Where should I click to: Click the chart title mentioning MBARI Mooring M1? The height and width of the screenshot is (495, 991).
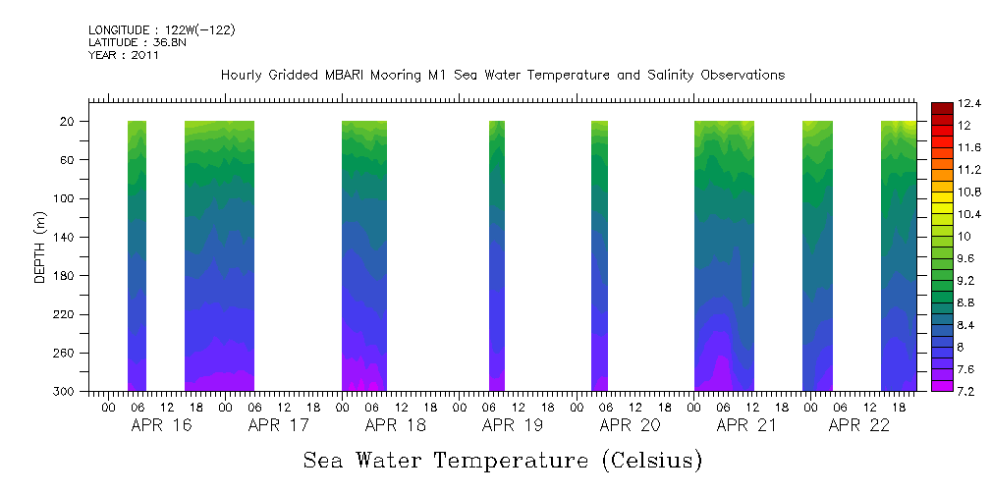point(503,76)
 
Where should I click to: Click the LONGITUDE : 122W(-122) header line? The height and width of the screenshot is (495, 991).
point(161,30)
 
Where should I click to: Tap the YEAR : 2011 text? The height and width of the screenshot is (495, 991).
point(123,56)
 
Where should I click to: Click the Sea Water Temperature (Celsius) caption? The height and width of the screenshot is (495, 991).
point(503,460)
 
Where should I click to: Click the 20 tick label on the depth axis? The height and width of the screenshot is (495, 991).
point(69,122)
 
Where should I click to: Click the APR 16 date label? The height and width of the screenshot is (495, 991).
point(161,425)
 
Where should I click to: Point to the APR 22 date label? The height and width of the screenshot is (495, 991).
point(859,425)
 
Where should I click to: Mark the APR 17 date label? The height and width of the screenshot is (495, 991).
point(279,425)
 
